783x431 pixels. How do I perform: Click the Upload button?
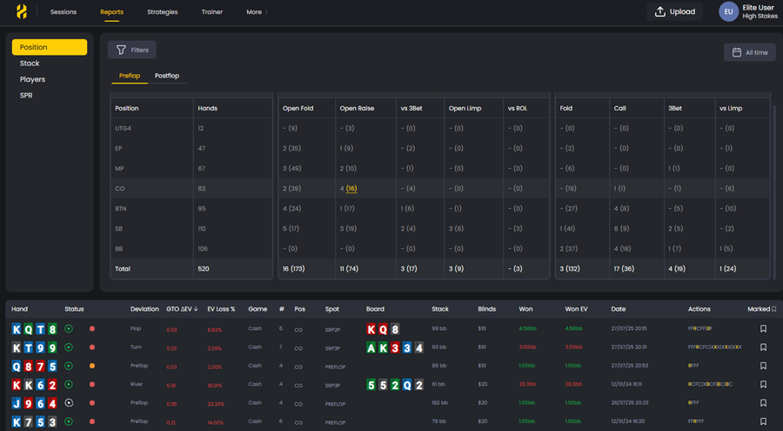[x=675, y=12]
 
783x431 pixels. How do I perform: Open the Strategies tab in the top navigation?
[x=163, y=12]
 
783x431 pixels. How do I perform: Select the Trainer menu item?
[x=211, y=12]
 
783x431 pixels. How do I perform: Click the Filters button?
[x=132, y=51]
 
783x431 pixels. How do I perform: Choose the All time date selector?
[x=749, y=52]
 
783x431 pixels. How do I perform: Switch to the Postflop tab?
[x=167, y=76]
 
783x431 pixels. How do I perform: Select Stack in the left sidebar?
[x=30, y=64]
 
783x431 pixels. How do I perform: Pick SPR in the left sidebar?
[x=26, y=95]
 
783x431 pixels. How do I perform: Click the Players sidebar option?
[x=32, y=79]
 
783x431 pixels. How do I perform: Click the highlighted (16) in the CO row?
[x=351, y=188]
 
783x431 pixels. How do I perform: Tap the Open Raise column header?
[x=357, y=109]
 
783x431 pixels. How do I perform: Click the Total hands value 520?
[x=204, y=268]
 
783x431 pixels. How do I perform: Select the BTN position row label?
[x=120, y=208]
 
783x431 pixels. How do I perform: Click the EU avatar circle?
[x=728, y=11]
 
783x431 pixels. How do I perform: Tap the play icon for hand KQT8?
[x=69, y=329]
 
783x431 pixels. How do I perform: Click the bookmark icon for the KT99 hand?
[x=763, y=347]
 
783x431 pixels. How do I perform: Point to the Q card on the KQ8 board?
[x=384, y=329]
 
